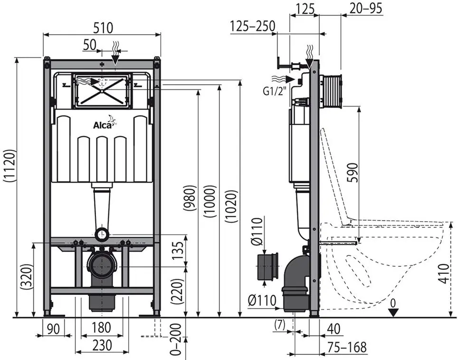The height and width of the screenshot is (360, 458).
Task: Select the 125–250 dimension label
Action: pyautogui.click(x=252, y=26)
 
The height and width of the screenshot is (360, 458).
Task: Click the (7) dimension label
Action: pyautogui.click(x=279, y=325)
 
